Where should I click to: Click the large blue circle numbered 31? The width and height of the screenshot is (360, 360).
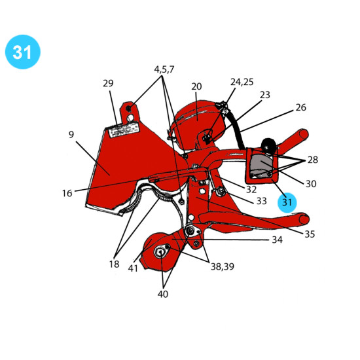point(23,52)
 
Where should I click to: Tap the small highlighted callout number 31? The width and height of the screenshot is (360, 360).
point(287,202)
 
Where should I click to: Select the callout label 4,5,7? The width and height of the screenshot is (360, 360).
point(164,69)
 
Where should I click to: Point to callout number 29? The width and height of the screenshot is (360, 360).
point(108,83)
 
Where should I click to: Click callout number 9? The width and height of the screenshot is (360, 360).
point(71,135)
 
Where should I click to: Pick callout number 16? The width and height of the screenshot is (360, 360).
point(67,193)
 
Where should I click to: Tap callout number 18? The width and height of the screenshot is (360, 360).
point(114,264)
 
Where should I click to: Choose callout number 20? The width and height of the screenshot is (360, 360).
point(196,86)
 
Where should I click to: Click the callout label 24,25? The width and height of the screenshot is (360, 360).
point(242,82)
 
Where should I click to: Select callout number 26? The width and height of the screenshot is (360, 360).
point(301,107)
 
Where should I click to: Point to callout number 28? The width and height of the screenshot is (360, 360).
point(313,160)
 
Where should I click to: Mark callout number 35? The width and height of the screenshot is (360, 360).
point(310,234)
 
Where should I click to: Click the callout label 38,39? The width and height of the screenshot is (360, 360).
point(223,266)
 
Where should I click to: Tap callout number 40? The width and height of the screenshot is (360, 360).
point(163,294)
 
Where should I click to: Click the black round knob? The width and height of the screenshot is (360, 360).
point(268,145)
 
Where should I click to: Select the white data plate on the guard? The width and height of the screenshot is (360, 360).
point(124,130)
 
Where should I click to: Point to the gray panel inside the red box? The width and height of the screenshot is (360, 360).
point(261,164)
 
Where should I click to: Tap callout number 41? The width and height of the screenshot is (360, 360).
point(133,268)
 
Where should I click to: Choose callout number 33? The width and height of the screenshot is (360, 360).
point(262,201)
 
